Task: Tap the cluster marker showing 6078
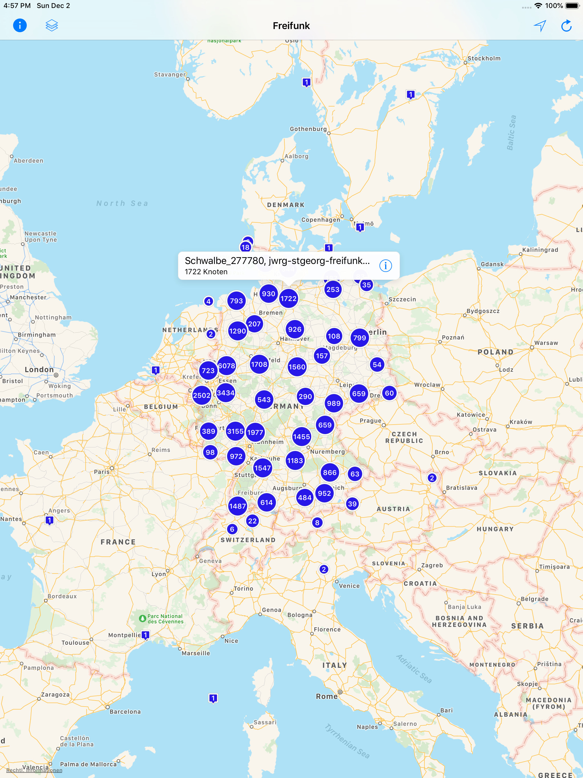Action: (x=226, y=366)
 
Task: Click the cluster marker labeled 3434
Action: (x=225, y=393)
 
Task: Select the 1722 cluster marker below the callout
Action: (x=288, y=299)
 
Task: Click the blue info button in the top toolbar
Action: (x=20, y=25)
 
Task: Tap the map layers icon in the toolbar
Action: (x=52, y=25)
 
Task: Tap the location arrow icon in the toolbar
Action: (x=540, y=25)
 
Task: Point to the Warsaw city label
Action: (x=546, y=343)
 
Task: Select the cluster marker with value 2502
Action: (x=202, y=395)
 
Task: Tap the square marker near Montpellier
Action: (x=145, y=635)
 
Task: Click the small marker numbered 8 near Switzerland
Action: (x=317, y=523)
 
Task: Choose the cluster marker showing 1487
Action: (x=237, y=506)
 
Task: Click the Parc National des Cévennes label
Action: (x=165, y=619)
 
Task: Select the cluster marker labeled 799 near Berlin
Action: (x=359, y=338)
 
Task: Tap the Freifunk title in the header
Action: (x=291, y=26)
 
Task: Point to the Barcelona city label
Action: (x=125, y=712)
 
